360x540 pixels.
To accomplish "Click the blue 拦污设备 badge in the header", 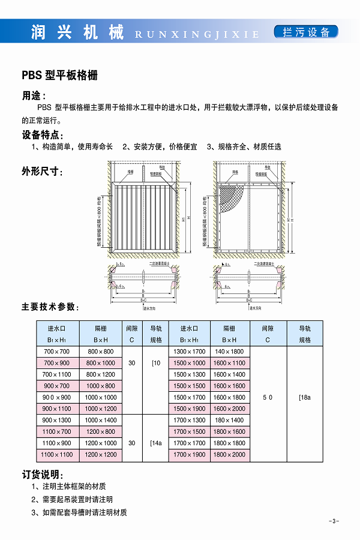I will tap(306, 32).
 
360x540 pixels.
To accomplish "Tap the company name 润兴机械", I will tap(77, 32).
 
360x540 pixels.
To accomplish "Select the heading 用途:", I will tap(34, 95).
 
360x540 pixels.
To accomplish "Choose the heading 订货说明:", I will tap(43, 474).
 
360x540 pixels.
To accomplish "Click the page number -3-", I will tap(334, 520).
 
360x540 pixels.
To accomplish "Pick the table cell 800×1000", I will tap(100, 363).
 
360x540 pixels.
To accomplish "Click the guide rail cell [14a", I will tap(156, 443).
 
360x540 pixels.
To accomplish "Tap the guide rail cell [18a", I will tap(305, 397).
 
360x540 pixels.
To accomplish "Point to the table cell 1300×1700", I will tap(189, 352).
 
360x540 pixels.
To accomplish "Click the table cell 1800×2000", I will tap(229, 454).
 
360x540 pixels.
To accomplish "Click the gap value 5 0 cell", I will tap(267, 397).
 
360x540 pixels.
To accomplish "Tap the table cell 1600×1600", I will tap(229, 386).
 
